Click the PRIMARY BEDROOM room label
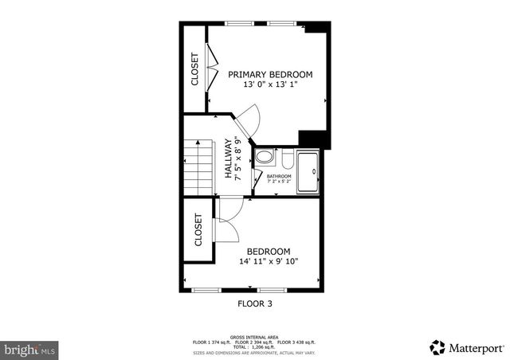pyautogui.click(x=270, y=74)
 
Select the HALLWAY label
pyautogui.click(x=228, y=157)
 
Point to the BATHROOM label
pyautogui.click(x=279, y=176)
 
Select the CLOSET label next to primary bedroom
pyautogui.click(x=194, y=69)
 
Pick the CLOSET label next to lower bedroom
pyautogui.click(x=198, y=230)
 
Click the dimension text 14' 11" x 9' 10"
pyautogui.click(x=269, y=261)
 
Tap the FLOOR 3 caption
pyautogui.click(x=255, y=303)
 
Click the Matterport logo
pyautogui.click(x=466, y=347)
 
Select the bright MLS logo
pyautogui.click(x=30, y=349)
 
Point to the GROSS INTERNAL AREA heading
pyautogui.click(x=254, y=337)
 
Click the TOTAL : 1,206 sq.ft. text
pyautogui.click(x=254, y=346)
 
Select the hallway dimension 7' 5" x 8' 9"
pyautogui.click(x=238, y=157)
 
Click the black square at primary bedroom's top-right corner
pyautogui.click(x=317, y=27)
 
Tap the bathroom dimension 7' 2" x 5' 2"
pyautogui.click(x=279, y=182)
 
